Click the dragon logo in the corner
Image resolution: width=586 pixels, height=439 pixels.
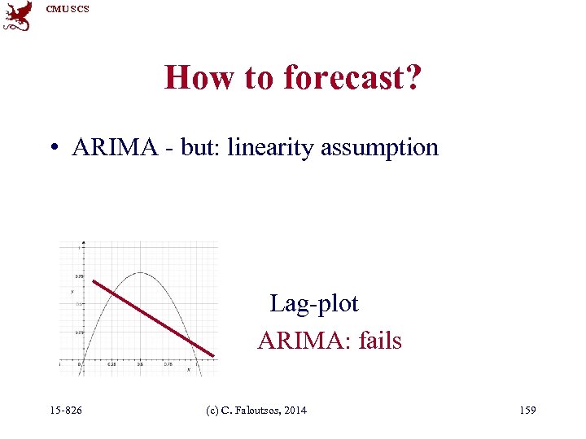coord(18,15)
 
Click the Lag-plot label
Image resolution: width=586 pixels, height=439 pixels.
coord(314,304)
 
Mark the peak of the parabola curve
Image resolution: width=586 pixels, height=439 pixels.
coord(140,273)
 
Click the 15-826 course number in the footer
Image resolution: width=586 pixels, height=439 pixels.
coord(65,411)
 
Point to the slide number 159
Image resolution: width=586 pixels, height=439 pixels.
coord(527,411)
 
